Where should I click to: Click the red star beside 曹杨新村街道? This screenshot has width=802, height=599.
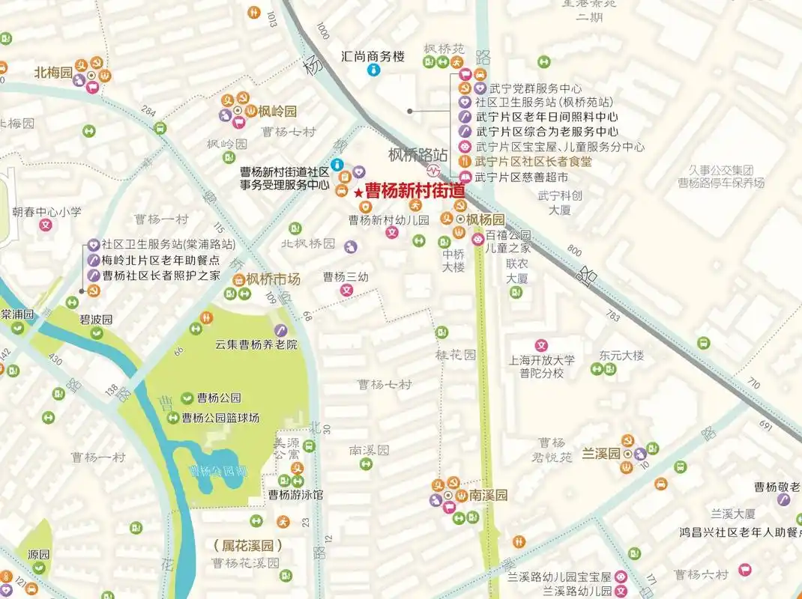[358, 193]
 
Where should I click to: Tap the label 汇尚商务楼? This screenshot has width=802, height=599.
[373, 55]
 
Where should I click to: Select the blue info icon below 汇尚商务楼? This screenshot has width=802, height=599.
[373, 70]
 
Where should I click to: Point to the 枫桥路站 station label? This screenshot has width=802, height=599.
[417, 155]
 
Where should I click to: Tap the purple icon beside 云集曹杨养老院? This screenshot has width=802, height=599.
[280, 330]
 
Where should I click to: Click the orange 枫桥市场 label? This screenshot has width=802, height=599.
[273, 279]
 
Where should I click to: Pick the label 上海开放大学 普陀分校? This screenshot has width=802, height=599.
[542, 366]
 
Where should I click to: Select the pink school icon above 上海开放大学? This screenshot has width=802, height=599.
[541, 344]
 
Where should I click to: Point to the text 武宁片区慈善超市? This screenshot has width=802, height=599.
[522, 177]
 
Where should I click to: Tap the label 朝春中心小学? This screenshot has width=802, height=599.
[46, 212]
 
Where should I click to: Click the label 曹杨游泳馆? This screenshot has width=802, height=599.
[296, 495]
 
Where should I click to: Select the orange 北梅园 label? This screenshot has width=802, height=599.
[53, 73]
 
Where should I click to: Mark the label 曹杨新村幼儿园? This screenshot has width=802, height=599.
[388, 220]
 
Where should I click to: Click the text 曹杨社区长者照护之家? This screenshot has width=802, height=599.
[161, 276]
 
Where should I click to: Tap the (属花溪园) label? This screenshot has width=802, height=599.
[247, 544]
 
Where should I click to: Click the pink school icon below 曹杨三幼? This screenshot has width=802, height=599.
[346, 289]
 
